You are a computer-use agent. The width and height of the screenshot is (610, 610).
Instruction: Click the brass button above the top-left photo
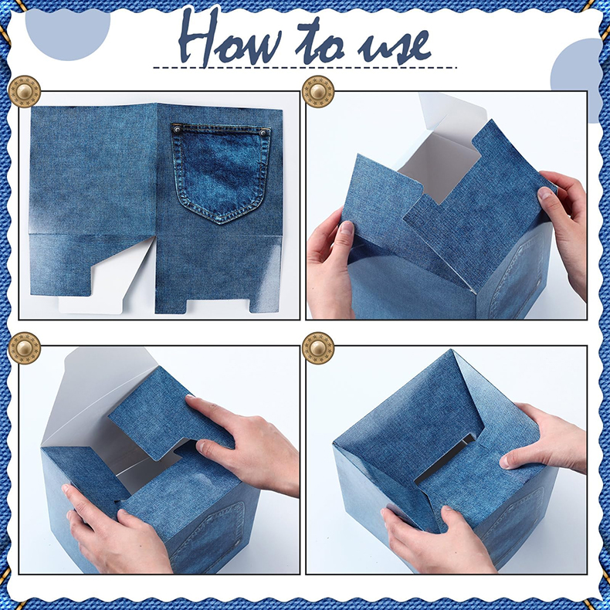coord(24,92)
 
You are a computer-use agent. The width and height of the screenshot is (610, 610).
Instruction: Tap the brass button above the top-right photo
coord(318,92)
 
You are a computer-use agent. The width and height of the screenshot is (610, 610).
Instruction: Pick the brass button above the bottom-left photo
coord(24,347)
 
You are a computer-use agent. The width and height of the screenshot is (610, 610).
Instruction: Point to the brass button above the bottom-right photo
coord(318,347)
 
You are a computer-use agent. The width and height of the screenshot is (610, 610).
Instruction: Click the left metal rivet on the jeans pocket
coord(177,129)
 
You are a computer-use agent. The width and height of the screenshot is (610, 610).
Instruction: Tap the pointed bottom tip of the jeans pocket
coord(221,224)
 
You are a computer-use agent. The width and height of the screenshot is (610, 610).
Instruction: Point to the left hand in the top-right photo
coord(330,265)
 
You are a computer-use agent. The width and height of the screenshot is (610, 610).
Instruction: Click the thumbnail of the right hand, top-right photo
coord(544,193)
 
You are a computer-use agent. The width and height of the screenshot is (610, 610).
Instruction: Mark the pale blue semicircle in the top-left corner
coord(68,34)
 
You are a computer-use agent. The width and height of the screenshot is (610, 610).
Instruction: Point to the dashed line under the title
coord(305,68)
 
